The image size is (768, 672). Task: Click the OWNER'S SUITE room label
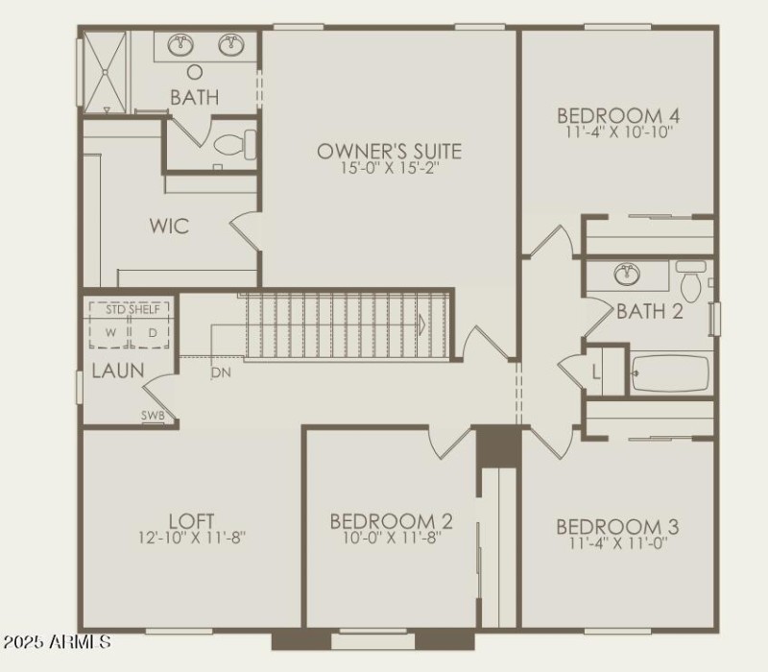click(389, 152)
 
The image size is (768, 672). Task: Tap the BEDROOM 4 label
click(618, 115)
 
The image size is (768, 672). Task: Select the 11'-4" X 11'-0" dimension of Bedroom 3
click(618, 542)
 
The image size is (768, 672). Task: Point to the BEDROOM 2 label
click(391, 521)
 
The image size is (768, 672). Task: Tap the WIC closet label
click(169, 227)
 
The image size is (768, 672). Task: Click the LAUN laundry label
click(118, 371)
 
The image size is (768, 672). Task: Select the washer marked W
click(110, 332)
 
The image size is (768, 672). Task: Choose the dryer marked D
click(152, 332)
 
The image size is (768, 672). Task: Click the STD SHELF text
click(131, 309)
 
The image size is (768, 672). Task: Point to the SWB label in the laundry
click(154, 416)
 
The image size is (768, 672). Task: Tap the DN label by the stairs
click(220, 372)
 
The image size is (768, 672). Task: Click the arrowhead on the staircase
click(420, 325)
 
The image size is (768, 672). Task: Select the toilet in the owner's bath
click(233, 145)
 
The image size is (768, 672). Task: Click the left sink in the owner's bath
click(180, 45)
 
